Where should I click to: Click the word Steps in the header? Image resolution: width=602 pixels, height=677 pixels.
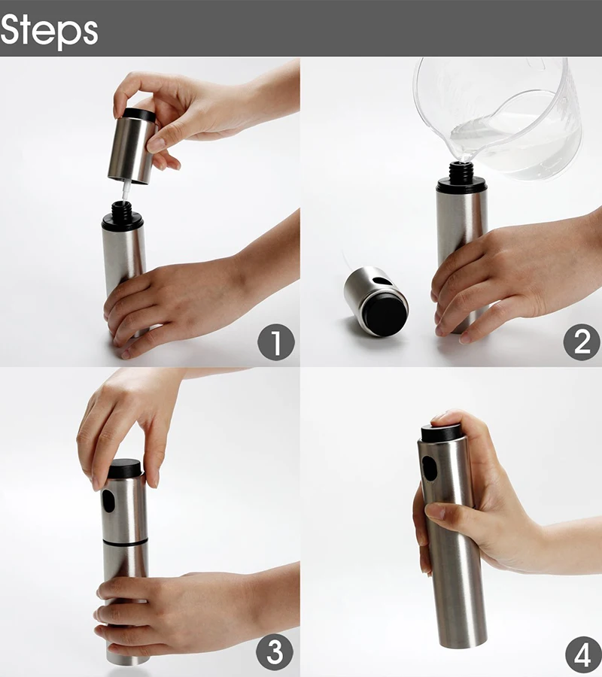click(49, 31)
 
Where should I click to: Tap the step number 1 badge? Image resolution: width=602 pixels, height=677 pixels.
click(276, 342)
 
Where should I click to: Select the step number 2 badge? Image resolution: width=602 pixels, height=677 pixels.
click(582, 342)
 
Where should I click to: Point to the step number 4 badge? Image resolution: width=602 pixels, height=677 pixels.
click(583, 654)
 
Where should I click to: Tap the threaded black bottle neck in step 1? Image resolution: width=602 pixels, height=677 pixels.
click(122, 211)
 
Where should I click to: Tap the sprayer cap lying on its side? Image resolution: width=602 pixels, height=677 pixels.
click(376, 301)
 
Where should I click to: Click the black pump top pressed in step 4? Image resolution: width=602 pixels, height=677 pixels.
click(440, 433)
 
